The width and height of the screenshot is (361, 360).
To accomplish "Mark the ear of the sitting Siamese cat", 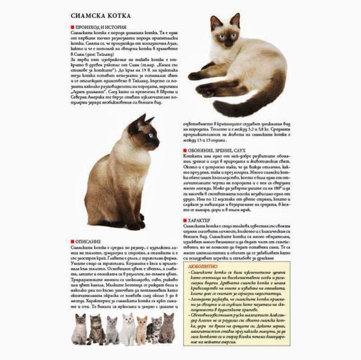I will pos(142,120).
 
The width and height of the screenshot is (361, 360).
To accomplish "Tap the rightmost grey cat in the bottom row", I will pos(167,328).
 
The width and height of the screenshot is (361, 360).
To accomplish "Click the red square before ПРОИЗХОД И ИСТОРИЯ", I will pos(73,28).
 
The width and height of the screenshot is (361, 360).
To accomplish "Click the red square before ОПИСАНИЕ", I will pos(73,241).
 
